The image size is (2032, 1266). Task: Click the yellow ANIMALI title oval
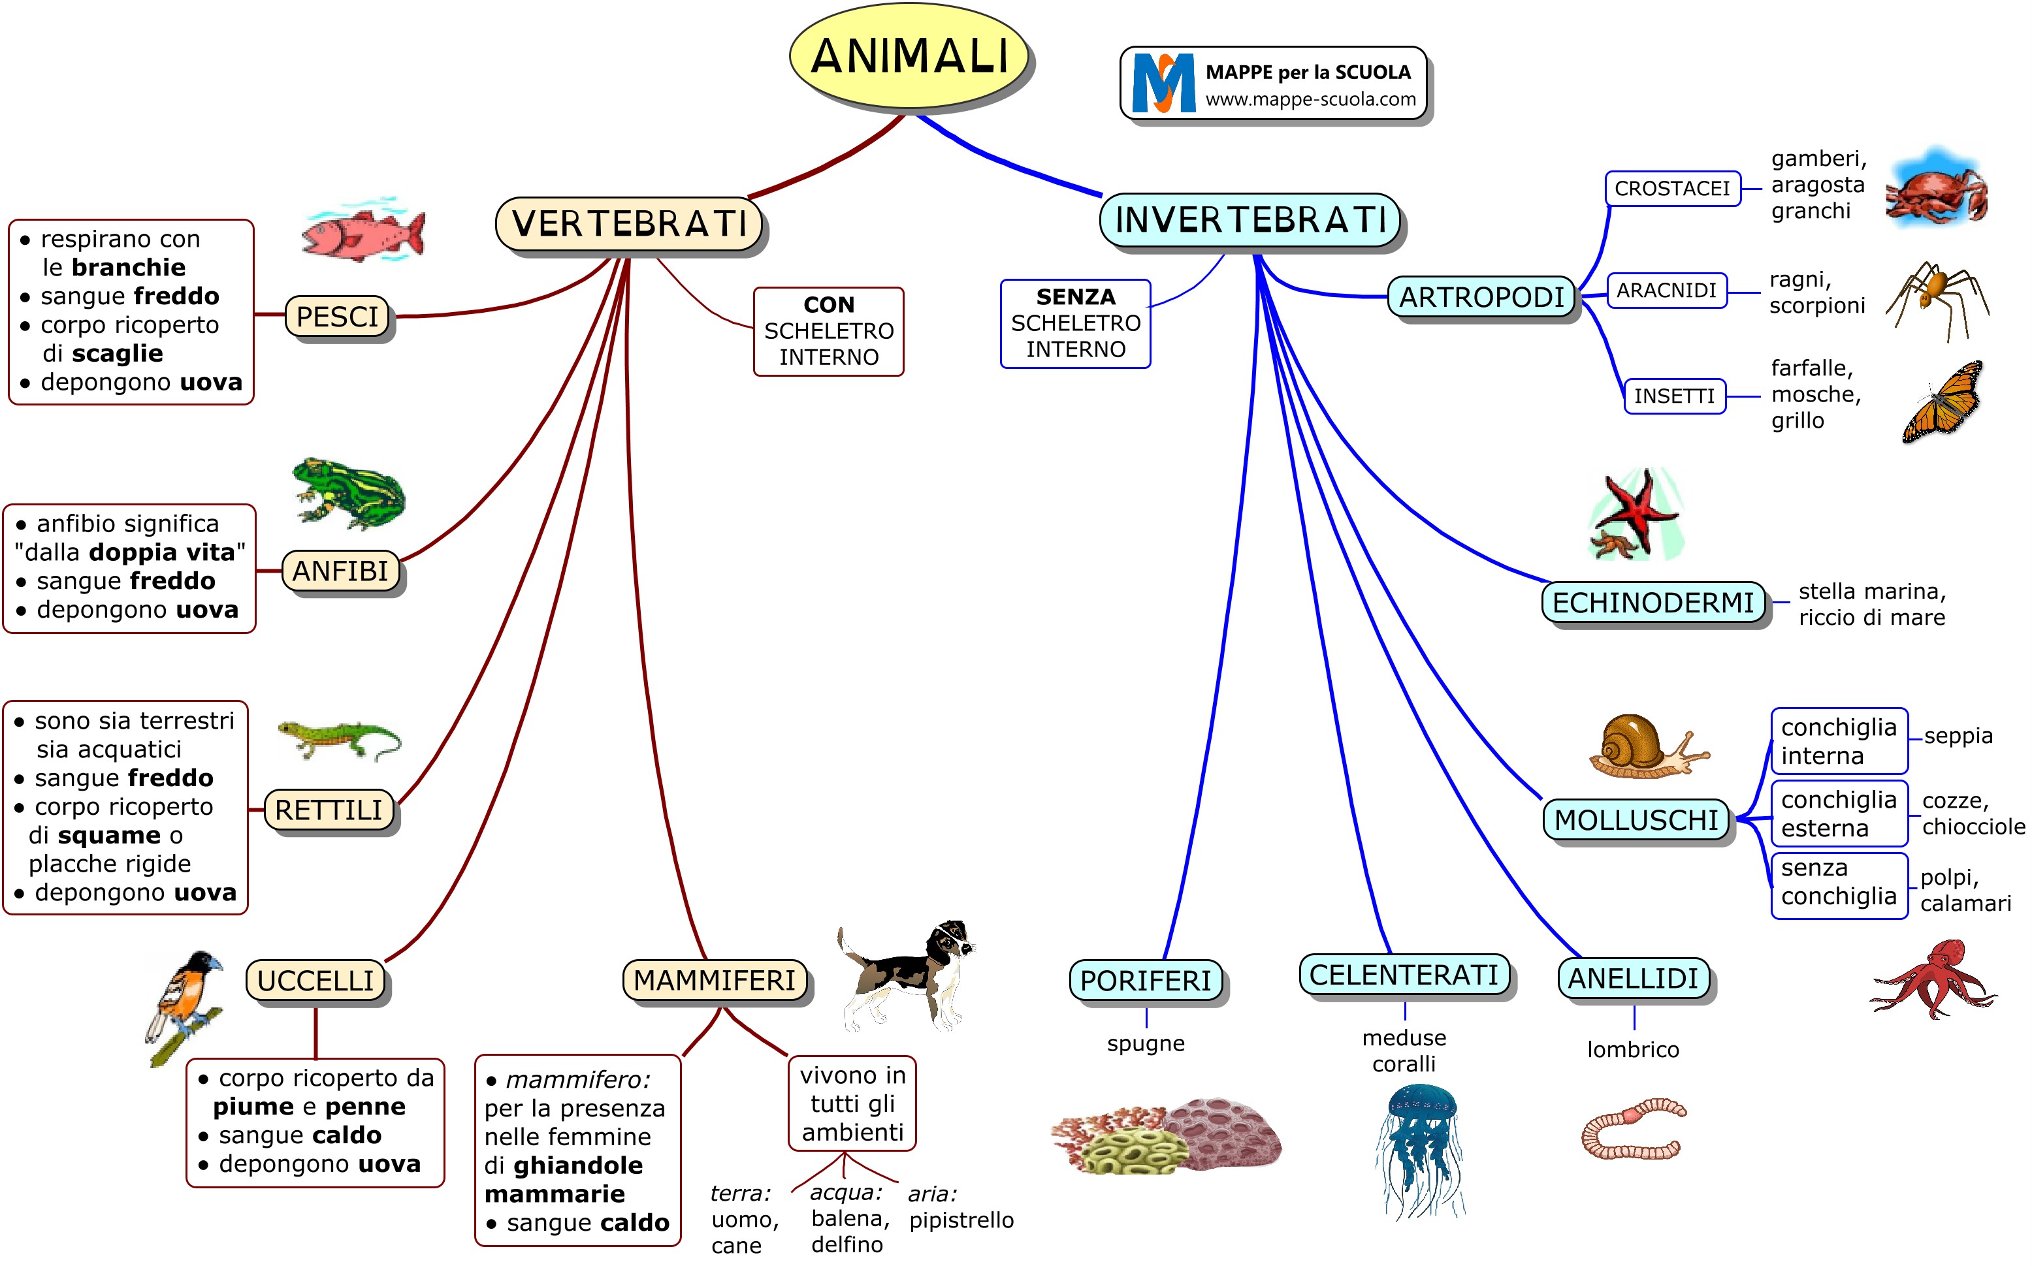point(910,56)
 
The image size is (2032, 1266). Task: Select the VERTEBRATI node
point(629,223)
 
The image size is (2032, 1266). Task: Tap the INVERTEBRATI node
point(1251,220)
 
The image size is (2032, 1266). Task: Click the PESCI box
point(338,317)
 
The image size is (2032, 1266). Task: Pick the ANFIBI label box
point(340,571)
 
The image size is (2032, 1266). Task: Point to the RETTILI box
point(329,810)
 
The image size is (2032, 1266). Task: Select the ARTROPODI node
point(1481,297)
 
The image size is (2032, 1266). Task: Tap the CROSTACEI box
point(1672,189)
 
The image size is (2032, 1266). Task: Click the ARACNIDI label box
point(1666,291)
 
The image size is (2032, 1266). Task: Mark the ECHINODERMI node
point(1653,603)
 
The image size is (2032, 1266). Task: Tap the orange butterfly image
point(1943,402)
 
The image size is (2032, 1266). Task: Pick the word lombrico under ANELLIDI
point(1632,1049)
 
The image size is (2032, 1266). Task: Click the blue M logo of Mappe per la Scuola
point(1163,83)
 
